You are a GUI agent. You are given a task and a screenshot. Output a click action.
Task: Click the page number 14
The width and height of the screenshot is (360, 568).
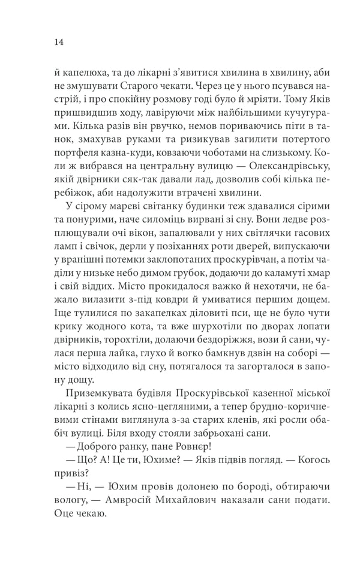click(x=58, y=42)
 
